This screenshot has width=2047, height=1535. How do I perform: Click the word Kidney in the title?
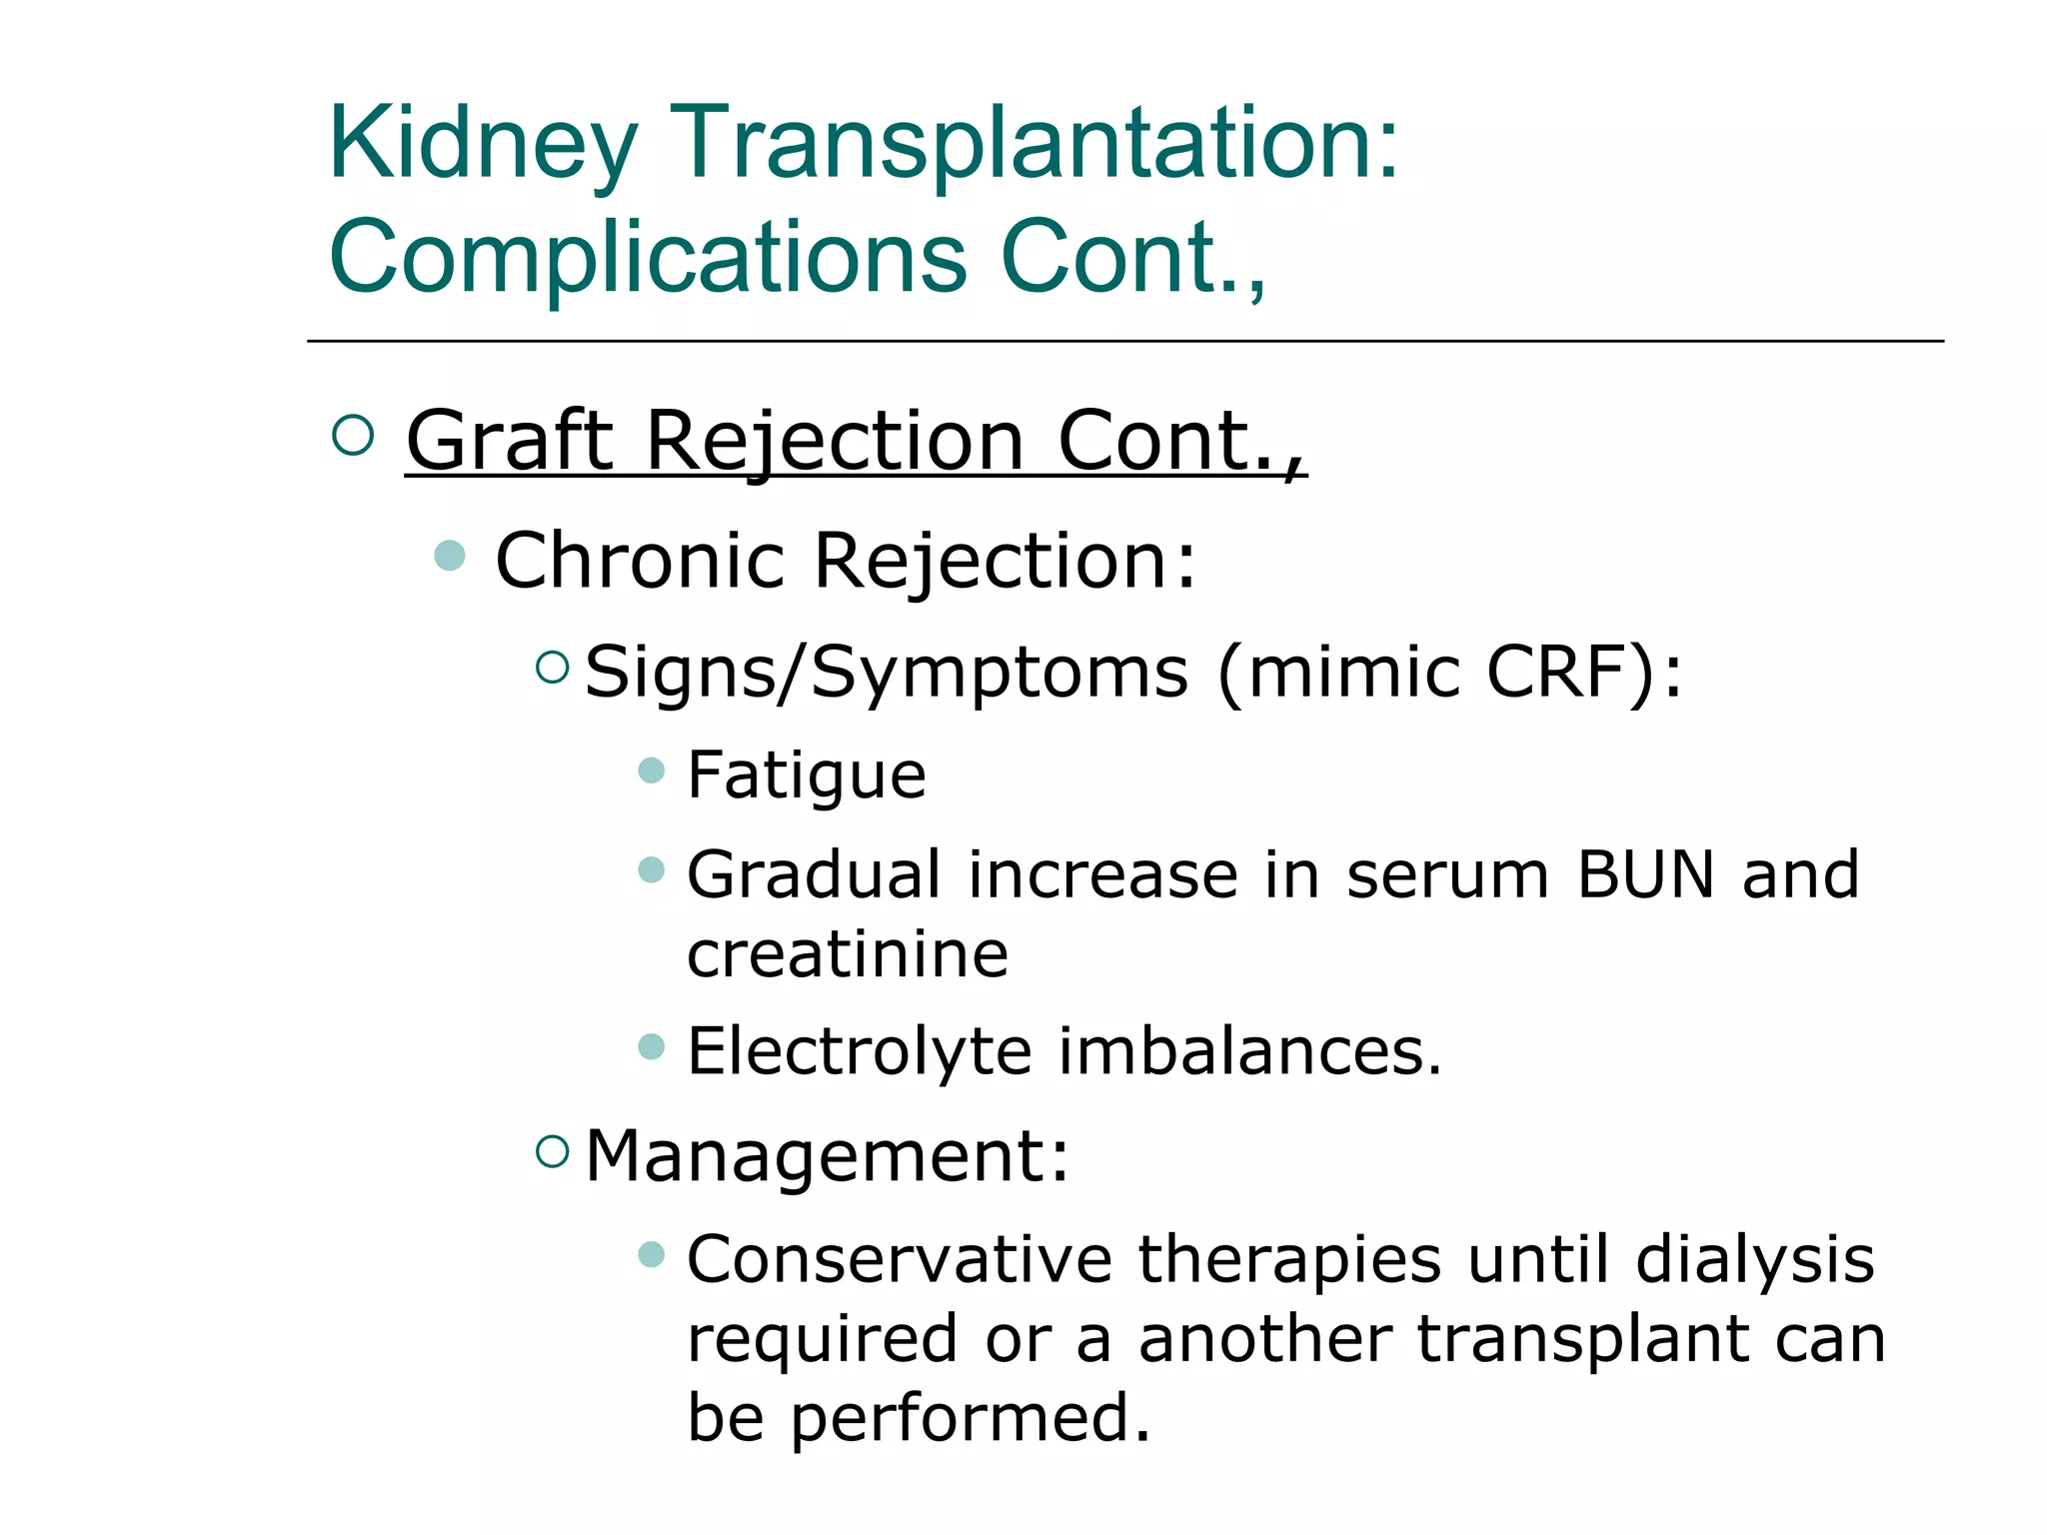[482, 146]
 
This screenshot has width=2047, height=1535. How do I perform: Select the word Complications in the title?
[648, 258]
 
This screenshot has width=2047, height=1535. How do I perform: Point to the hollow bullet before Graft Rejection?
[352, 436]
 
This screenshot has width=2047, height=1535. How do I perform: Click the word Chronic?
[640, 561]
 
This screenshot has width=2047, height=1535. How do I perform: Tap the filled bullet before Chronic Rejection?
[450, 556]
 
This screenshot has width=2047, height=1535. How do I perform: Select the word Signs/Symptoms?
[887, 672]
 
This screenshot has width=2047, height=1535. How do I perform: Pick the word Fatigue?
[807, 775]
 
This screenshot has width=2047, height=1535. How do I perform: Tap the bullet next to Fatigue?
[651, 769]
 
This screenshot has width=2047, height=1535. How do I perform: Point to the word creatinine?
[848, 955]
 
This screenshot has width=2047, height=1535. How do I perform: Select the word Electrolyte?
[860, 1052]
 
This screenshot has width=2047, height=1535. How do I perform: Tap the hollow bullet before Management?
[552, 1152]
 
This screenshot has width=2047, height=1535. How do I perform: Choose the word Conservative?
[900, 1259]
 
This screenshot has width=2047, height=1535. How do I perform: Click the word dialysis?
[1754, 1259]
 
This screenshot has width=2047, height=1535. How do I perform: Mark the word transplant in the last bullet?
[1582, 1339]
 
